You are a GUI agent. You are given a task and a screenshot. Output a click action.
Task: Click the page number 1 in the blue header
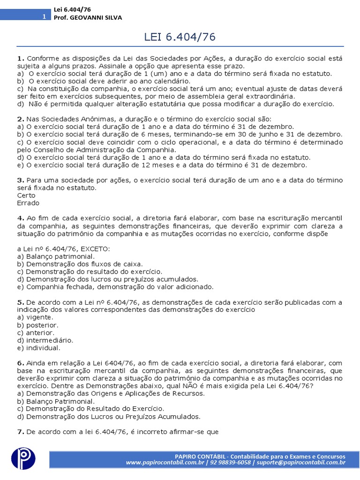point(44,17)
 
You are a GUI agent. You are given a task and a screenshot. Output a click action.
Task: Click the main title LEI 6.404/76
point(180,37)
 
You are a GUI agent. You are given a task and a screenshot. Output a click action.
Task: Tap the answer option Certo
point(26,195)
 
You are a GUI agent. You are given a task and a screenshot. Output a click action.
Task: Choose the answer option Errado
point(28,203)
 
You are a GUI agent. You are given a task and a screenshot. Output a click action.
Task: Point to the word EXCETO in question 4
point(96,249)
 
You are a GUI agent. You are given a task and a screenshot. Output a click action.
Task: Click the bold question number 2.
point(20,119)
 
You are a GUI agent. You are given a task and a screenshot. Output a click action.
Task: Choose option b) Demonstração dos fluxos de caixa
point(80,264)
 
